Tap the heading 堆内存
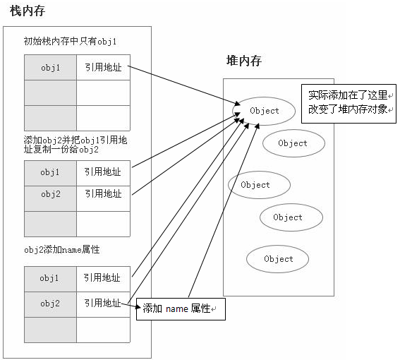point(239,61)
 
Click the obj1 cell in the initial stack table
point(50,68)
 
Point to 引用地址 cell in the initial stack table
point(102,68)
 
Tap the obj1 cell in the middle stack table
point(50,172)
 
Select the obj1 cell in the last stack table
point(50,278)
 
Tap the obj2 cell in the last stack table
point(50,304)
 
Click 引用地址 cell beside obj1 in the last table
point(102,278)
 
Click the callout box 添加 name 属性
point(181,308)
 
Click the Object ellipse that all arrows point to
point(264,111)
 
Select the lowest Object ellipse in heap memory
point(278,259)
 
